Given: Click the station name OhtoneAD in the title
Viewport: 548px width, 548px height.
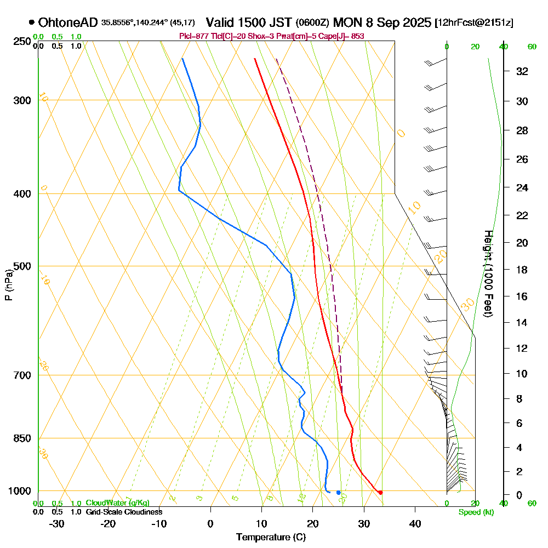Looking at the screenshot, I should [68, 22].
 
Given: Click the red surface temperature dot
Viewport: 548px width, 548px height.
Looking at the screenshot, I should [380, 492].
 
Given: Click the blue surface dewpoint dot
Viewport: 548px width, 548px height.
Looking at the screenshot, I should [338, 492].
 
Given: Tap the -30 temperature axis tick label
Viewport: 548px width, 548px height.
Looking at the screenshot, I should [57, 523].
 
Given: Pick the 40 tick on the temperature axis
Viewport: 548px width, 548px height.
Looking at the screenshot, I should [415, 523].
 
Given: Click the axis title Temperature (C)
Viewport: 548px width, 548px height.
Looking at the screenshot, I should [271, 537].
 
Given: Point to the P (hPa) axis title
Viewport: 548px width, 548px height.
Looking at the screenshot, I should [8, 285].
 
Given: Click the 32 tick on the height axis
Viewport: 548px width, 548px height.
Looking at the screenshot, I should [522, 71].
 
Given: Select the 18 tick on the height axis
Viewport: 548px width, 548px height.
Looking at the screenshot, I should [522, 270].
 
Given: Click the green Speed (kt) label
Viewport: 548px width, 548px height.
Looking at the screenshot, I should [475, 512].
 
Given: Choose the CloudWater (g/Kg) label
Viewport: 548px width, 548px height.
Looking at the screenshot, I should [117, 503].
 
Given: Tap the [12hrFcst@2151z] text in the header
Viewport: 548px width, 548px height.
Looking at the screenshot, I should [473, 23].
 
